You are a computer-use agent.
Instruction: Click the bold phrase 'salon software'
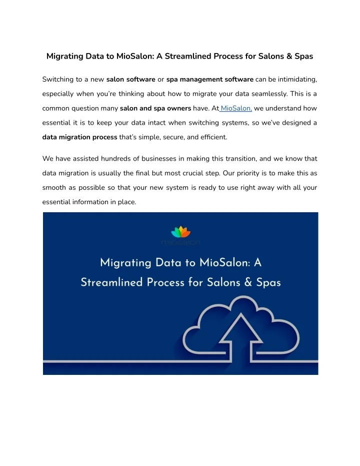[x=130, y=79]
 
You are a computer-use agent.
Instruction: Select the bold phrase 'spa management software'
[x=209, y=79]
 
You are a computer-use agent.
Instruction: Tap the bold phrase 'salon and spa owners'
[x=155, y=108]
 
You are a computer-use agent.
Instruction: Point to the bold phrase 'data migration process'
[x=80, y=137]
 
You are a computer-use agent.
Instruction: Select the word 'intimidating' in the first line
[x=296, y=79]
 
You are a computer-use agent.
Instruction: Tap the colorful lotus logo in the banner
[x=180, y=232]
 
